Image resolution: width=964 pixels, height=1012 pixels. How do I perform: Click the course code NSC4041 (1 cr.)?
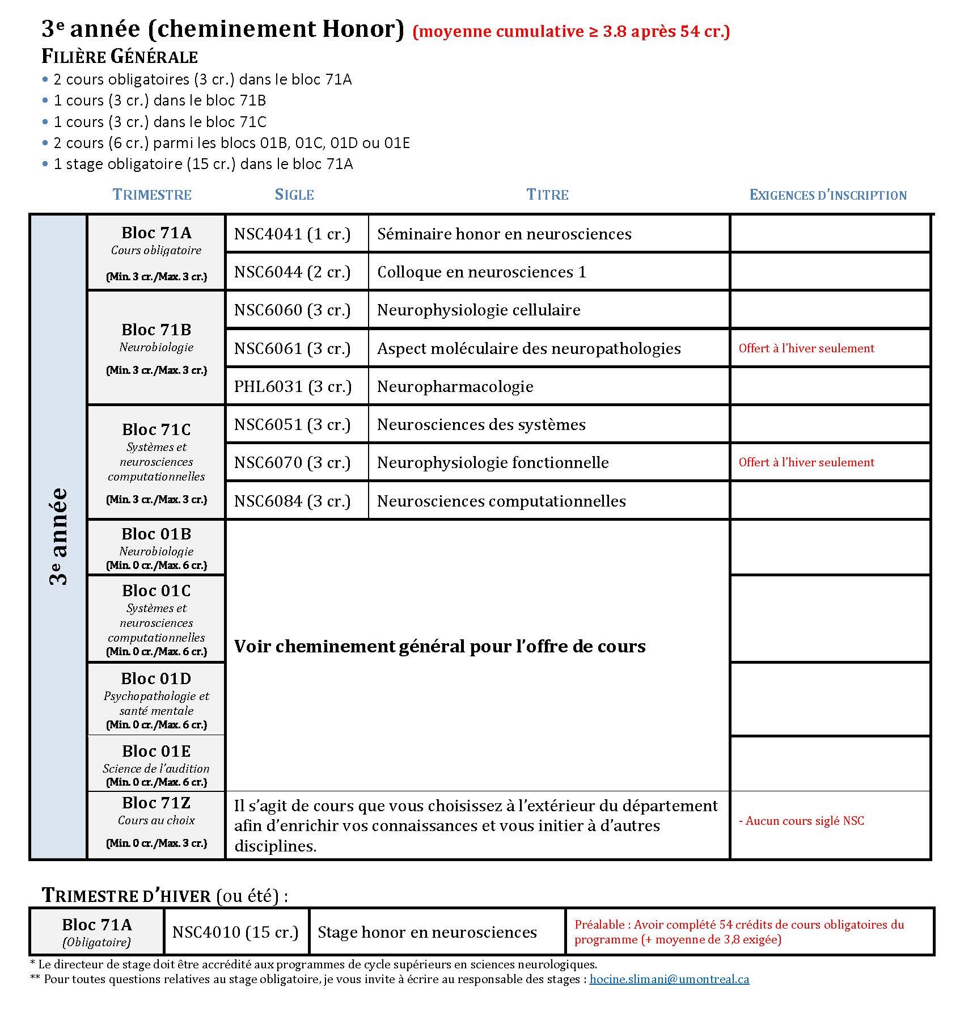point(292,234)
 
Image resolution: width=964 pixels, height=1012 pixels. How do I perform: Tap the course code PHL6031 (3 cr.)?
point(293,386)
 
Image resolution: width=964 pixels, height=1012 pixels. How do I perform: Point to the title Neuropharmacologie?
point(455,386)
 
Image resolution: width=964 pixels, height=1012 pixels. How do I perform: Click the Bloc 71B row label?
point(156,330)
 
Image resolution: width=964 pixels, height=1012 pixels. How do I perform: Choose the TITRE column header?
point(547,195)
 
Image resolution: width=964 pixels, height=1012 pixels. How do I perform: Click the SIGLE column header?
point(294,195)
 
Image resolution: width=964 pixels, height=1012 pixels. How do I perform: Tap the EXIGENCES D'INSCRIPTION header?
point(828,195)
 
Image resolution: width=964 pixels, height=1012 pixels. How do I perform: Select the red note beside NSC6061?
point(806,348)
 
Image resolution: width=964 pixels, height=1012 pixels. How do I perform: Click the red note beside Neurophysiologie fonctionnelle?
point(806,462)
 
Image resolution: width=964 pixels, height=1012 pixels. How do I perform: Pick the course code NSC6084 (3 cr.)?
point(292,501)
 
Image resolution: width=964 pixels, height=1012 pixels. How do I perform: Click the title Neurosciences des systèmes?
point(481,424)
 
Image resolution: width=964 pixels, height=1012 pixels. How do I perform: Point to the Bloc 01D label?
point(156,678)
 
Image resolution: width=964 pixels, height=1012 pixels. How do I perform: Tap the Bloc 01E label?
point(156,751)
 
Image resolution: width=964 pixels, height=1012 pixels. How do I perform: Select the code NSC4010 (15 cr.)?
point(235,932)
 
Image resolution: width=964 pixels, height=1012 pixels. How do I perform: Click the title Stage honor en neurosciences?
point(427,932)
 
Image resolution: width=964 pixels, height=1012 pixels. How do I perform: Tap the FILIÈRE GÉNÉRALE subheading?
point(120,57)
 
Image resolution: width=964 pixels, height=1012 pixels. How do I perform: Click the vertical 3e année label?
point(58,536)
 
